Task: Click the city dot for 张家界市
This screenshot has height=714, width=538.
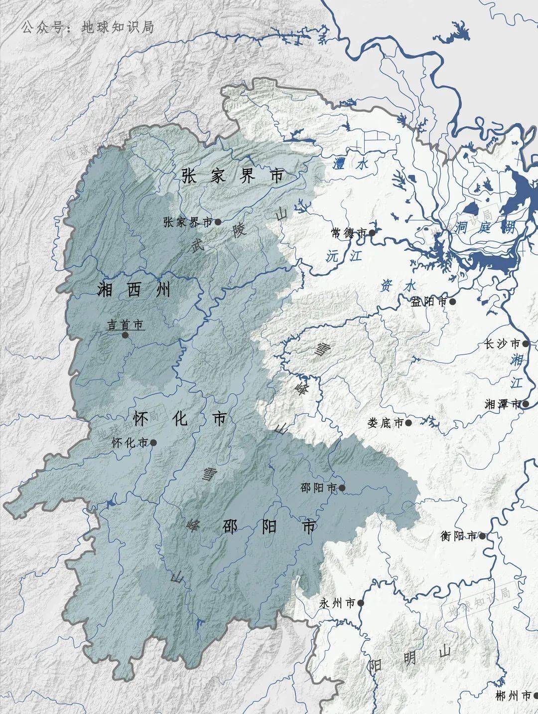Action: tap(218, 222)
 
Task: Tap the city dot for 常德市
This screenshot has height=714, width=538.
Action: tap(372, 232)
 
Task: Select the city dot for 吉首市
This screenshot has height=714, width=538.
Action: tap(125, 335)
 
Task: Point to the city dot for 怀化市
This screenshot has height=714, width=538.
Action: tap(153, 442)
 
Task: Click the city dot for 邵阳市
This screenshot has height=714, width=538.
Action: tap(342, 488)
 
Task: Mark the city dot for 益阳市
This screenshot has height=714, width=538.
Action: tap(452, 301)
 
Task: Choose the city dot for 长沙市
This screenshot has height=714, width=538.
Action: tap(526, 344)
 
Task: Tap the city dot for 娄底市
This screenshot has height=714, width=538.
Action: tap(408, 423)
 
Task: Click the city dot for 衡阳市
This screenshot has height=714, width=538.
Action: tap(482, 536)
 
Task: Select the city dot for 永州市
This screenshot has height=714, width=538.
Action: tap(361, 603)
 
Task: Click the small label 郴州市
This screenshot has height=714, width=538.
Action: tap(513, 696)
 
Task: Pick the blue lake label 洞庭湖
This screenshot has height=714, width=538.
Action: tap(484, 228)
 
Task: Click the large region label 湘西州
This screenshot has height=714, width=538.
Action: tap(134, 290)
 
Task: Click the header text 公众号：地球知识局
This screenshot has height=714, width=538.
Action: tap(88, 27)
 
